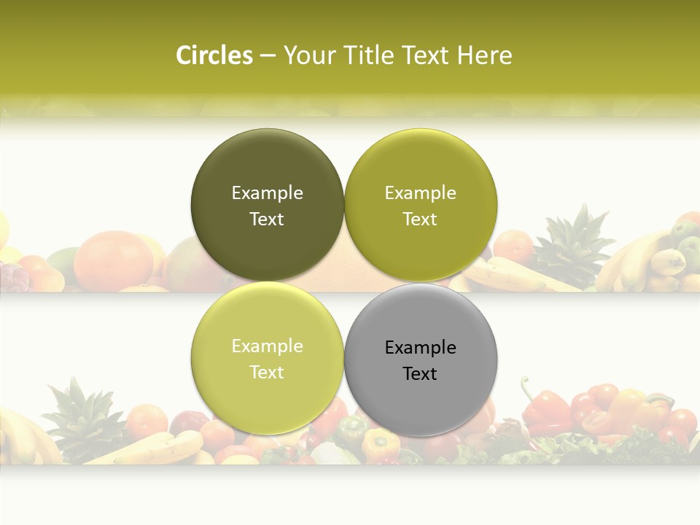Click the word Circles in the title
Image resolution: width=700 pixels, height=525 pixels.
(214, 55)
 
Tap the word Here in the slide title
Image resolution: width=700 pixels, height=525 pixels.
(484, 55)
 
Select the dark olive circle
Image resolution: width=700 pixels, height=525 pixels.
(267, 205)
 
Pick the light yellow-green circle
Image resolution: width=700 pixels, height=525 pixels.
(267, 358)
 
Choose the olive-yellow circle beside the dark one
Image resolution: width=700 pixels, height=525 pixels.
(420, 205)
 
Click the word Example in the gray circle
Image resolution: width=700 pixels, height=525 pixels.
(420, 347)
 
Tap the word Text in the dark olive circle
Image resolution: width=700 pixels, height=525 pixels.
(267, 219)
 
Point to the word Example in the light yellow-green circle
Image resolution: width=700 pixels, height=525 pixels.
(267, 346)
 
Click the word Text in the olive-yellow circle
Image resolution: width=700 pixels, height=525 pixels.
(420, 219)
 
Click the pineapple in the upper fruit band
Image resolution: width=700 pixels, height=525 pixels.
(573, 248)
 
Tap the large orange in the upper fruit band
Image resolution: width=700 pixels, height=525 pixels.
(114, 259)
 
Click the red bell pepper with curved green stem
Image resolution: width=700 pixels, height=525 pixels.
(543, 408)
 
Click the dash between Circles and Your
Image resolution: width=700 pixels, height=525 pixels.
(268, 55)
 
